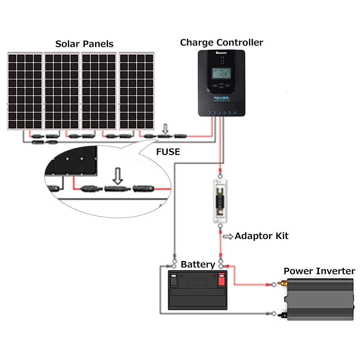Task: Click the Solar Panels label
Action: (x=84, y=44)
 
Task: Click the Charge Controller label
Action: (x=221, y=42)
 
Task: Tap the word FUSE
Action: (x=168, y=152)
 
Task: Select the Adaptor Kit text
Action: (x=261, y=236)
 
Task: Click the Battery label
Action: (x=198, y=265)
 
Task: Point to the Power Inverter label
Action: (x=319, y=271)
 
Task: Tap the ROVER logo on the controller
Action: (x=217, y=98)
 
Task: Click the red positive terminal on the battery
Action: (x=221, y=279)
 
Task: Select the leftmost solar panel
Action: (x=25, y=91)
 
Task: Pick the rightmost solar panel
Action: (x=137, y=91)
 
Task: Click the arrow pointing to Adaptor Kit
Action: (x=228, y=237)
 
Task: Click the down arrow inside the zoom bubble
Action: (x=117, y=176)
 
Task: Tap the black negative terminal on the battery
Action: (x=174, y=279)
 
